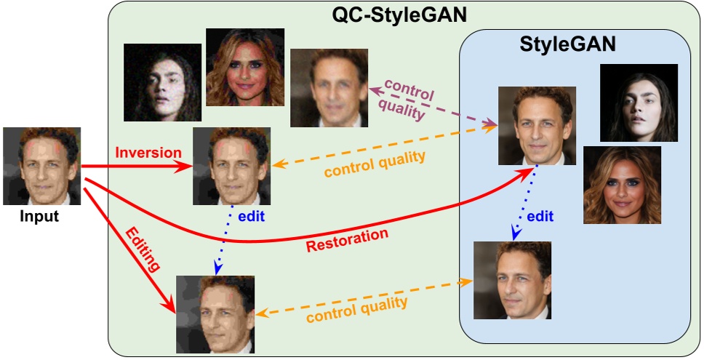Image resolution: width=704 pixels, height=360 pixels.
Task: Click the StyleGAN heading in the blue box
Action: (569, 44)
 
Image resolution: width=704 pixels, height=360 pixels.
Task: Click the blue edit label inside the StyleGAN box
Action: (540, 216)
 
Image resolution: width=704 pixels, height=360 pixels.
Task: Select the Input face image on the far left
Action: (41, 166)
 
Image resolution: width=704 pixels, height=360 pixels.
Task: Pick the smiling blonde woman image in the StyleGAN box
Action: (622, 185)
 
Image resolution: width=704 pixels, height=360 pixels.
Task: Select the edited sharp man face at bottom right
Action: (512, 280)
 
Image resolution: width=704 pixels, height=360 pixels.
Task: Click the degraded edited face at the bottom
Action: (215, 314)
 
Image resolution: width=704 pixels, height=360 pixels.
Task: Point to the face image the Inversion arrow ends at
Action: (231, 166)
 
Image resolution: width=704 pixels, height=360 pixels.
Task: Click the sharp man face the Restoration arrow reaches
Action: (537, 124)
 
